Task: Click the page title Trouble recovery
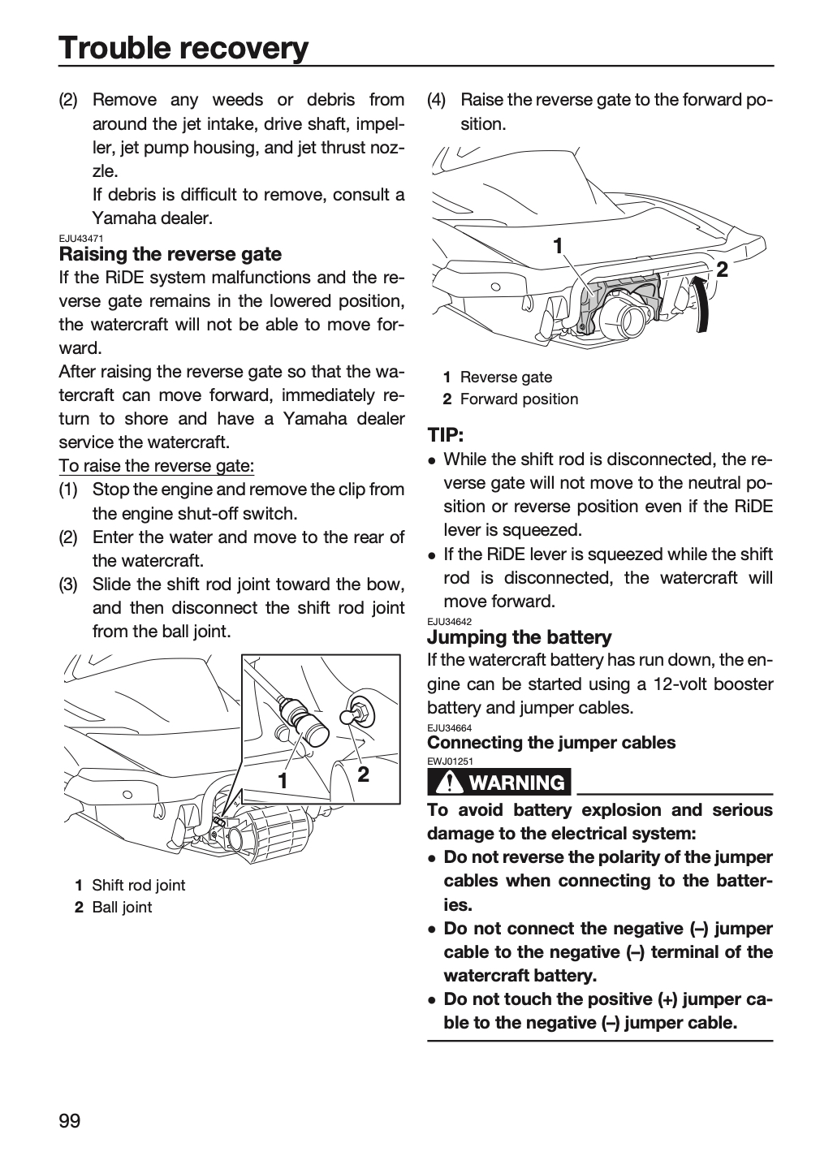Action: coord(183,48)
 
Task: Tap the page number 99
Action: coord(70,1120)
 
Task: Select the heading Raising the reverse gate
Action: coord(170,254)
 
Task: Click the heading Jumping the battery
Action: coord(520,637)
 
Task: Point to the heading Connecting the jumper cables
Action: coord(551,742)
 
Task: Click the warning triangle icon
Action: coord(448,783)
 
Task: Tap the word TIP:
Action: coord(446,435)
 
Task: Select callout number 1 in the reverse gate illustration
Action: coord(558,245)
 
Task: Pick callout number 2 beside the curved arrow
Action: coord(722,270)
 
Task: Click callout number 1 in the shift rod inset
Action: coord(283,781)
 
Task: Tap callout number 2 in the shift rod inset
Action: coord(363,774)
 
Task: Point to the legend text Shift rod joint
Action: coord(138,885)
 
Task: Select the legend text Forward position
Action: coord(519,399)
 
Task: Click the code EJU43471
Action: coord(81,239)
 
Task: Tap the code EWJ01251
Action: coord(450,761)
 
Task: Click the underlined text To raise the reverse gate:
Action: coord(157,465)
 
